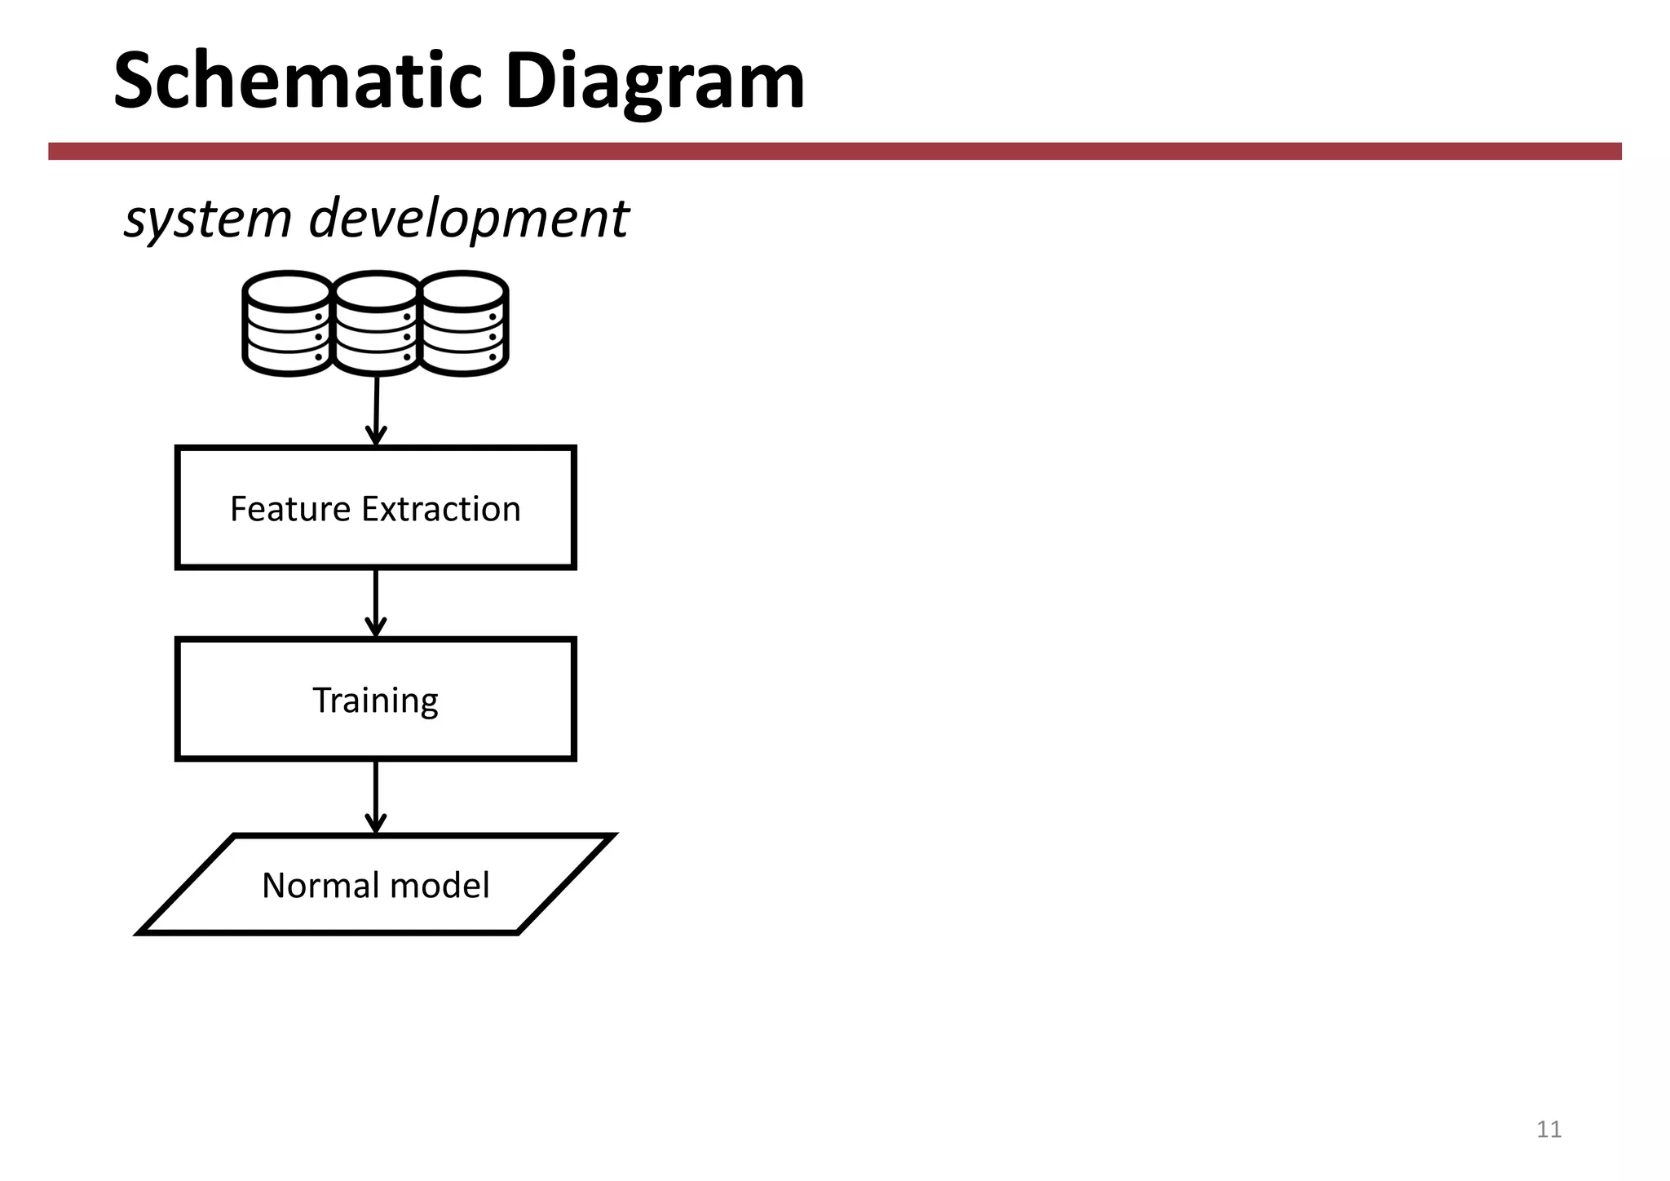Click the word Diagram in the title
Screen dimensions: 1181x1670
pos(655,82)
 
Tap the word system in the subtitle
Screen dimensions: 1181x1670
pos(207,219)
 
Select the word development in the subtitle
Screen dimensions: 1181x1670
pos(469,219)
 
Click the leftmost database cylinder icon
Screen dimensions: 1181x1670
pos(286,324)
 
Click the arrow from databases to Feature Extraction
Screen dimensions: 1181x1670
pos(376,408)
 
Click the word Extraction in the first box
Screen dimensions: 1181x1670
pos(441,509)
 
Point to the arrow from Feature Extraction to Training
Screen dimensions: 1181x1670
pos(376,602)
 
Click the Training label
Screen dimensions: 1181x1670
pos(376,701)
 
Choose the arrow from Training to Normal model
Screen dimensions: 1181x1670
pos(376,795)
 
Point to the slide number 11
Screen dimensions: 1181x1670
pos(1549,1129)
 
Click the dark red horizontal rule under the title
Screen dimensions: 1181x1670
pos(835,151)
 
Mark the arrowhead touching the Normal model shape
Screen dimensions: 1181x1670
pos(376,824)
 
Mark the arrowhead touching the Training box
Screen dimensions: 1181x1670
pos(376,627)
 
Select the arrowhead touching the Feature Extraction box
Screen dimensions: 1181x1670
pos(376,436)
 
